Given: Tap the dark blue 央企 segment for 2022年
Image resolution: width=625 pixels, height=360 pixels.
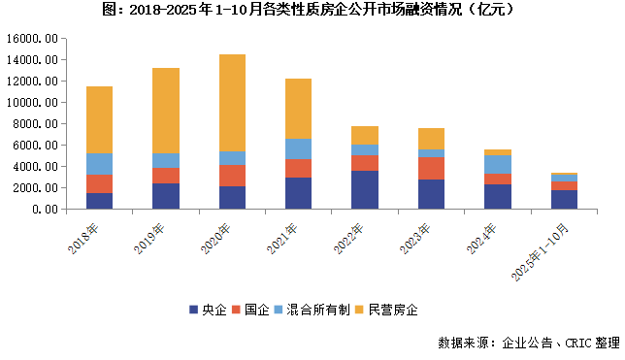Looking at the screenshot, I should (x=365, y=190).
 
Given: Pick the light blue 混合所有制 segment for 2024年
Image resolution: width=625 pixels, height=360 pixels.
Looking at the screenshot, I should (x=497, y=164).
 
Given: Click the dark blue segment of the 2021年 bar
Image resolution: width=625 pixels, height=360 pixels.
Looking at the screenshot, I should (x=298, y=193).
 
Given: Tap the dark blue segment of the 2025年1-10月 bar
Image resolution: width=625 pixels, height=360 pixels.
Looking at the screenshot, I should (x=564, y=199).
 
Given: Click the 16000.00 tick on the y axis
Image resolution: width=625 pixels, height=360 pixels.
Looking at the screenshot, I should (x=35, y=39).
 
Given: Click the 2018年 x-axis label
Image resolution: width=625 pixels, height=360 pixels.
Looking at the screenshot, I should (x=85, y=238).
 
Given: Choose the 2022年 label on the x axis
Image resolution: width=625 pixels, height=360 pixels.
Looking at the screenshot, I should (x=350, y=238).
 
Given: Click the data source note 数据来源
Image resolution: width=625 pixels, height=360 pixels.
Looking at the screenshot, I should (x=528, y=343).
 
